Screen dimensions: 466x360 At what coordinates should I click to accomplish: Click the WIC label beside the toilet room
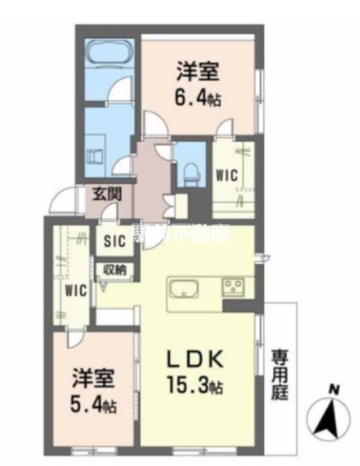(227, 176)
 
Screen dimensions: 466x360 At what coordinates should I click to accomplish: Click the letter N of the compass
(333, 389)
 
